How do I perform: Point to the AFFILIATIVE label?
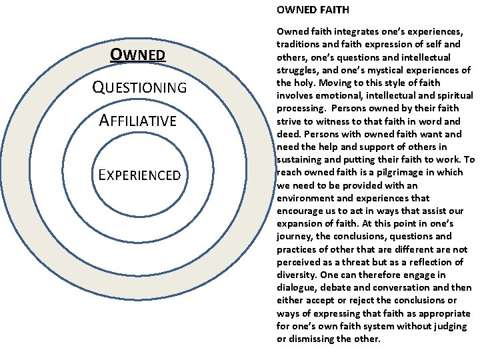pyautogui.click(x=137, y=121)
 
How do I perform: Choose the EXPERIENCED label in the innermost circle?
pyautogui.click(x=139, y=175)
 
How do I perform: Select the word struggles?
pyautogui.click(x=299, y=70)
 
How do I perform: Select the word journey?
pyautogui.click(x=293, y=236)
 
